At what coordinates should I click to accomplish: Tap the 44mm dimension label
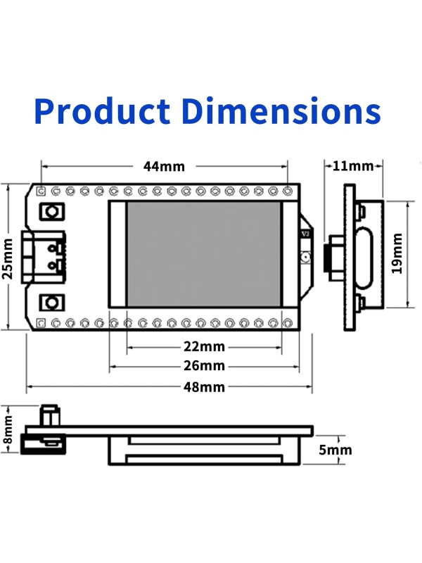164,167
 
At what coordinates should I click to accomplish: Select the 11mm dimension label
353,167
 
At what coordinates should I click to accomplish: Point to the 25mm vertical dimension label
8,258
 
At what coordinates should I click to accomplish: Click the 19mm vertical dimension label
397,253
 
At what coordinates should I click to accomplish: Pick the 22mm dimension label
204,346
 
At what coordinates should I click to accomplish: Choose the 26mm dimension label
204,366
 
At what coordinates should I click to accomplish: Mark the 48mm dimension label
204,387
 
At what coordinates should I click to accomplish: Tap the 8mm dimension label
8,429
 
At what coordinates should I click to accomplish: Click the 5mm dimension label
335,450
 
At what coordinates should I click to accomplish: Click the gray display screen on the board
203,253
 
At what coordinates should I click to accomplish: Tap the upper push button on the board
51,211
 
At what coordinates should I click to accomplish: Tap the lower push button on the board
51,303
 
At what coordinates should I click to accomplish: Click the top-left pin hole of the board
41,191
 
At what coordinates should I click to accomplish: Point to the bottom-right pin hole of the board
288,322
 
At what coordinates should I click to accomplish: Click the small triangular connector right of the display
305,243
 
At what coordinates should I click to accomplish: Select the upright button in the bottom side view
49,415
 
